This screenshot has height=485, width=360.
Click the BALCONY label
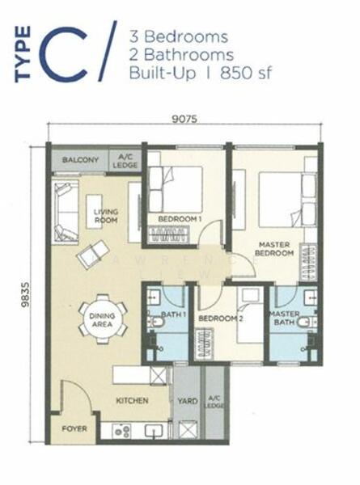(x=81, y=160)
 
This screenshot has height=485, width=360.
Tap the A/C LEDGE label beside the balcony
(x=128, y=160)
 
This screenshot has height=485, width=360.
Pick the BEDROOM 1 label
(x=179, y=219)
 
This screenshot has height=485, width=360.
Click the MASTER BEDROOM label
(x=274, y=248)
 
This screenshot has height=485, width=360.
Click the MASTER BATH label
(x=284, y=318)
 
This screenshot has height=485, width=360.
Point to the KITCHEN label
(x=130, y=400)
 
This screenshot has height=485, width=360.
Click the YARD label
(x=187, y=400)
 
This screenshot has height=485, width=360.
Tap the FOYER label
(x=74, y=428)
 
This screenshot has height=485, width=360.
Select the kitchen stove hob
(x=122, y=431)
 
